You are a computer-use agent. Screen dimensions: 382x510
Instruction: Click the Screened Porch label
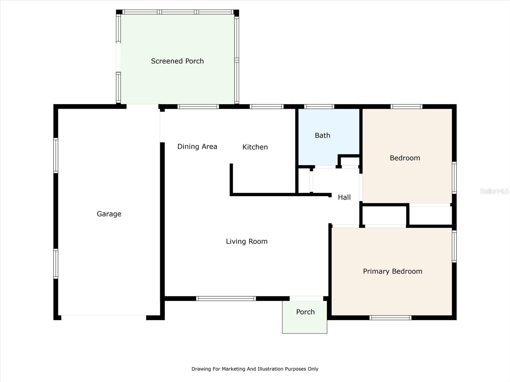pos(177,61)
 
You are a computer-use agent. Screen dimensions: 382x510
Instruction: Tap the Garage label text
pos(109,214)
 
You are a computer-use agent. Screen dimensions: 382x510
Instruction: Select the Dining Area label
pos(197,146)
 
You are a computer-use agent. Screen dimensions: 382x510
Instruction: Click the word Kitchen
pos(255,147)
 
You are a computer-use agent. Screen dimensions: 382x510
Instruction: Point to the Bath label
pos(322,136)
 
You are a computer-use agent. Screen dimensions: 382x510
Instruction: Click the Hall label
pos(344,197)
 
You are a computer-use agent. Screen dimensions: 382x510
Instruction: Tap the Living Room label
pos(247,241)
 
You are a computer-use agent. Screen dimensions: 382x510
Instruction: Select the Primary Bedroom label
pos(392,271)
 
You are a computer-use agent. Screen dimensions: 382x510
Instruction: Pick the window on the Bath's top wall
pos(319,107)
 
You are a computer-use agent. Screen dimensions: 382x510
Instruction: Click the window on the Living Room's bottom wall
pos(226,299)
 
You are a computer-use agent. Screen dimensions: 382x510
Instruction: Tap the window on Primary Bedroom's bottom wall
pos(390,318)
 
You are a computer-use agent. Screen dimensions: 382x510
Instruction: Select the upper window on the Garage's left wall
pos(56,155)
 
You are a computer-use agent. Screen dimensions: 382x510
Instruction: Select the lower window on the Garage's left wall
pos(56,264)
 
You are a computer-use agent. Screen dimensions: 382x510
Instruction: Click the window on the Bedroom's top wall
pos(406,107)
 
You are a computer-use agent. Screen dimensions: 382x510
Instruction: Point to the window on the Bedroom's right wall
pos(454,178)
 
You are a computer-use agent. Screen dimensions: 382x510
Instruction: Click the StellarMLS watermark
pos(494,191)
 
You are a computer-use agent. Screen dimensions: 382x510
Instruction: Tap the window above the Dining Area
pos(198,107)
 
